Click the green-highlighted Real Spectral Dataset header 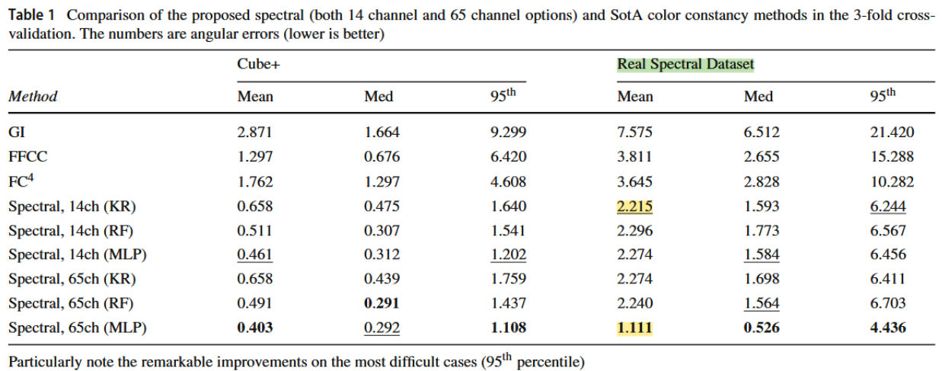pyautogui.click(x=685, y=65)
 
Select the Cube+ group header pyautogui.click(x=258, y=65)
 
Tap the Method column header pyautogui.click(x=33, y=97)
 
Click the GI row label pyautogui.click(x=17, y=133)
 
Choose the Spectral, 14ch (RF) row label pyautogui.click(x=72, y=230)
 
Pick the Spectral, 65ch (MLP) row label pyautogui.click(x=77, y=328)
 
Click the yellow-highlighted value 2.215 pyautogui.click(x=635, y=206)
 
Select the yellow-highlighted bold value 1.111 pyautogui.click(x=635, y=328)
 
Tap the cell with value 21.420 pyautogui.click(x=892, y=133)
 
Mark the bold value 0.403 pyautogui.click(x=254, y=328)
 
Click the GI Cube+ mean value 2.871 pyautogui.click(x=254, y=133)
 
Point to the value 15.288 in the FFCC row pyautogui.click(x=892, y=157)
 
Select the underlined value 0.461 pyautogui.click(x=254, y=254)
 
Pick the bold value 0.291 pyautogui.click(x=382, y=303)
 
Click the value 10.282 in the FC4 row pyautogui.click(x=892, y=181)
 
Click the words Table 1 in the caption pyautogui.click(x=30, y=17)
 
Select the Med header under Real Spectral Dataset pyautogui.click(x=758, y=97)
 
